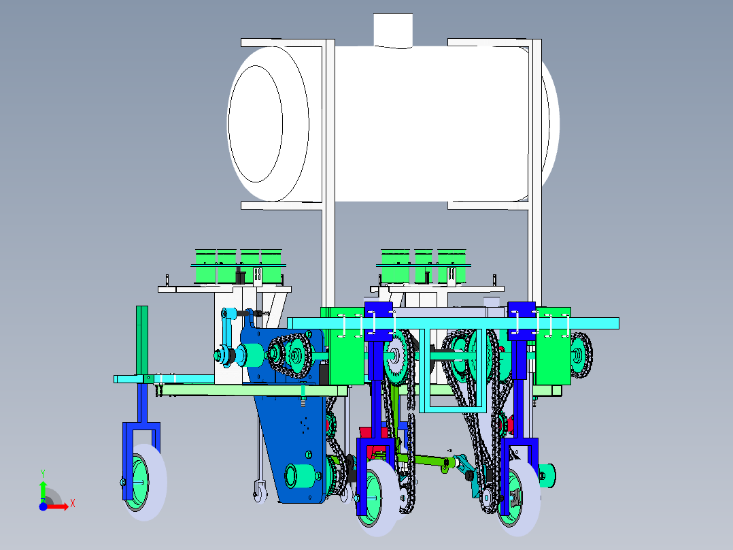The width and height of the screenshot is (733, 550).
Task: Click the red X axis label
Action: click(x=73, y=504)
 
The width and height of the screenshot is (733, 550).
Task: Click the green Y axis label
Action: click(x=43, y=474)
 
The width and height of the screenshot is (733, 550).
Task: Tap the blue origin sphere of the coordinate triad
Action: click(x=43, y=507)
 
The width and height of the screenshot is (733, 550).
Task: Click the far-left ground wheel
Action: click(x=145, y=482)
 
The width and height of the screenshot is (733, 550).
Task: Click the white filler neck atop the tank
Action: click(x=393, y=30)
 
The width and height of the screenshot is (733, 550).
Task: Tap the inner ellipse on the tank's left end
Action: click(x=255, y=124)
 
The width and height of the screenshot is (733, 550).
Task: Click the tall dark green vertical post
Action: click(x=142, y=341)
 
